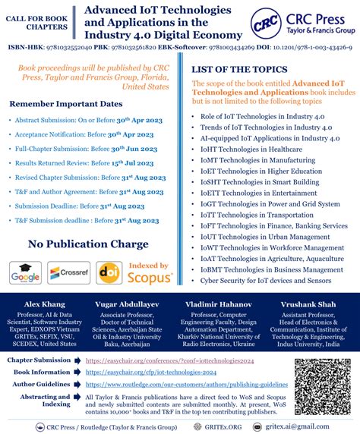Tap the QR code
click(324, 378)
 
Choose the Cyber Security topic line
click(266, 279)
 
